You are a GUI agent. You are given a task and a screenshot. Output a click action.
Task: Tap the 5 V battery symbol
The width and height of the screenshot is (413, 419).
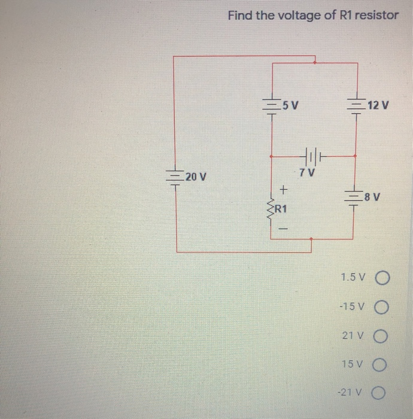coord(272,107)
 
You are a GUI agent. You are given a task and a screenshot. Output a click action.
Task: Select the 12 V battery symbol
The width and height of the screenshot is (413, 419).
coord(357,107)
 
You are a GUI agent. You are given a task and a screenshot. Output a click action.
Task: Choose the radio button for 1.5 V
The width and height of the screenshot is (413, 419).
coord(384,278)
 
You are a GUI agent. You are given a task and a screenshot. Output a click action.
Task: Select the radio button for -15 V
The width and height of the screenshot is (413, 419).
coord(384,307)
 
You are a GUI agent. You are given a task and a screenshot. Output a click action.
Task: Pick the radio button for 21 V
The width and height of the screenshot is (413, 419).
coord(384,336)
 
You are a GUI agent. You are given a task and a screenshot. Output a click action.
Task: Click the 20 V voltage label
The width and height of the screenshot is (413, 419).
coord(195,177)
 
